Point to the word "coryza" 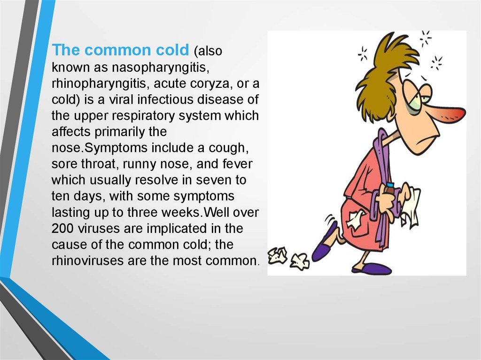click(209, 84)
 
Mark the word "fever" click(237, 164)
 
